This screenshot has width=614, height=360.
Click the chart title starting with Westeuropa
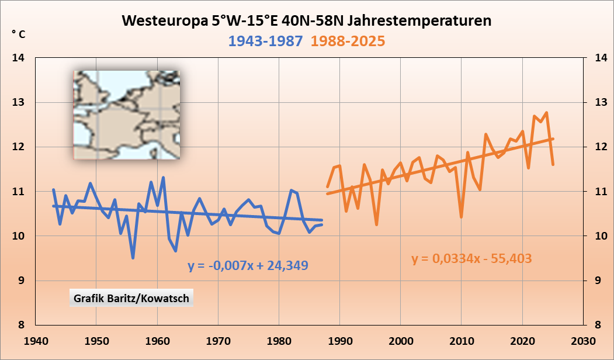[x=307, y=21]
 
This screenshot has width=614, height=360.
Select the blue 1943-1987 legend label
[x=266, y=41]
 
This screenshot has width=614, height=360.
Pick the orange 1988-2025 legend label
[x=348, y=41]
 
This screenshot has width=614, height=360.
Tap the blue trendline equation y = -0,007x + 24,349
[x=248, y=265]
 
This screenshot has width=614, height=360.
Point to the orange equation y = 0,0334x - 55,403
[x=471, y=258]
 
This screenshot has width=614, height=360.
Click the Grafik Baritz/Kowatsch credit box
[x=131, y=298]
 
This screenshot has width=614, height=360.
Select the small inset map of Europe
[x=126, y=115]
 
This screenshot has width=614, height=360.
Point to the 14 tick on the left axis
[x=19, y=58]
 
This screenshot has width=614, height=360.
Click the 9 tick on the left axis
[x=22, y=281]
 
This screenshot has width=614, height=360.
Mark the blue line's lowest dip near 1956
[x=133, y=258]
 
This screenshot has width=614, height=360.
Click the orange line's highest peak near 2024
[x=546, y=112]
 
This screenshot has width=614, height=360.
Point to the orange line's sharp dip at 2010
[x=462, y=217]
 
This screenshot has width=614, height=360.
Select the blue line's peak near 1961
[x=163, y=177]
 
